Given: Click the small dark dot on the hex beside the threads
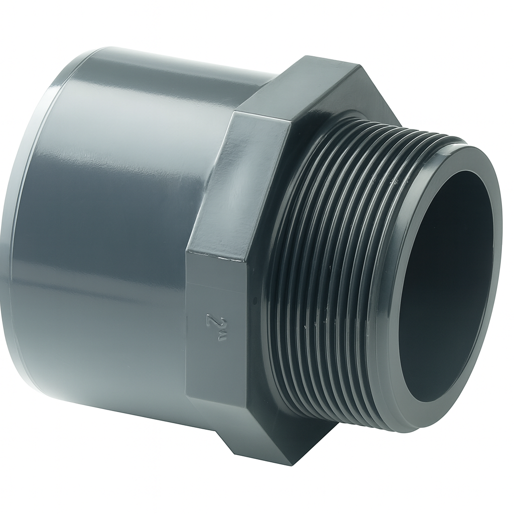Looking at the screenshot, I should (x=255, y=300).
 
